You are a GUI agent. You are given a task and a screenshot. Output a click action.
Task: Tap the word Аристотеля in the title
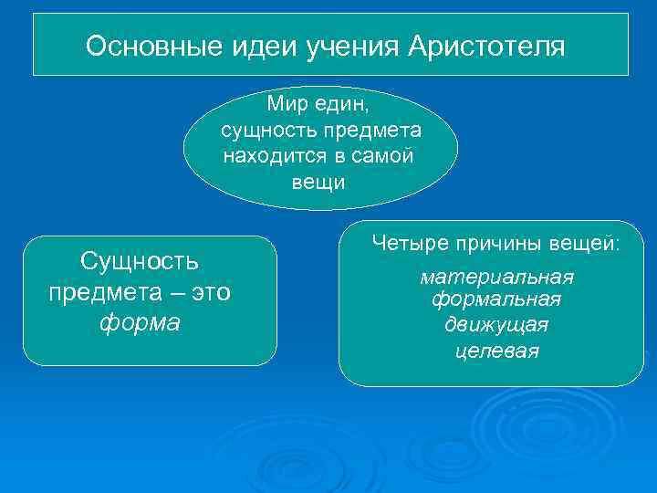point(486,46)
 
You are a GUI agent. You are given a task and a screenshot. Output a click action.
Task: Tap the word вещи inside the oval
point(318,182)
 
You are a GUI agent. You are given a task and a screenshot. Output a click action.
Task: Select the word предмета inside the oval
point(370,131)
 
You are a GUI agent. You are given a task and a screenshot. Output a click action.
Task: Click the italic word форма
point(141,324)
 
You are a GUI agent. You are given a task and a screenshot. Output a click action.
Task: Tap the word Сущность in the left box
point(139,262)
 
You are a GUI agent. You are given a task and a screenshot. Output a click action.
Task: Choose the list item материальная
point(496,278)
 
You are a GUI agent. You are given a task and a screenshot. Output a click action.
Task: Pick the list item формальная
point(496,299)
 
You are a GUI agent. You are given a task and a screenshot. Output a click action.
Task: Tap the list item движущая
point(496,324)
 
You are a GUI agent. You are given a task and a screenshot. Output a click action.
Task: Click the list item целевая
point(496,351)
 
